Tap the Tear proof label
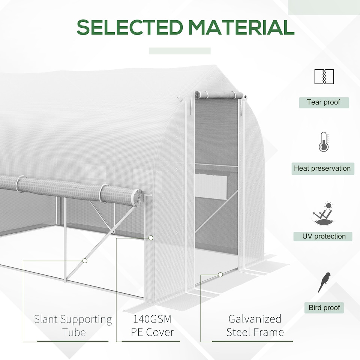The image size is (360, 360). (324, 102)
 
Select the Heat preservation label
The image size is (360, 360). (322, 168)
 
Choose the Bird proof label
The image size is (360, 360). (324, 308)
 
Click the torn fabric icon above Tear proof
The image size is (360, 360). (324, 76)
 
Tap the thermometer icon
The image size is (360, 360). (323, 142)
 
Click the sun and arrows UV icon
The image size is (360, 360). (323, 214)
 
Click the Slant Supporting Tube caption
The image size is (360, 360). (73, 325)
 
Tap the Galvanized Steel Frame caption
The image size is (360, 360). (255, 325)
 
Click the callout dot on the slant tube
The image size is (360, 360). (85, 260)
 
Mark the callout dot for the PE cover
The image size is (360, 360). (151, 238)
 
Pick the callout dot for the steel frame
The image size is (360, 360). (220, 275)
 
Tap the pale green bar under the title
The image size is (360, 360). (180, 51)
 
